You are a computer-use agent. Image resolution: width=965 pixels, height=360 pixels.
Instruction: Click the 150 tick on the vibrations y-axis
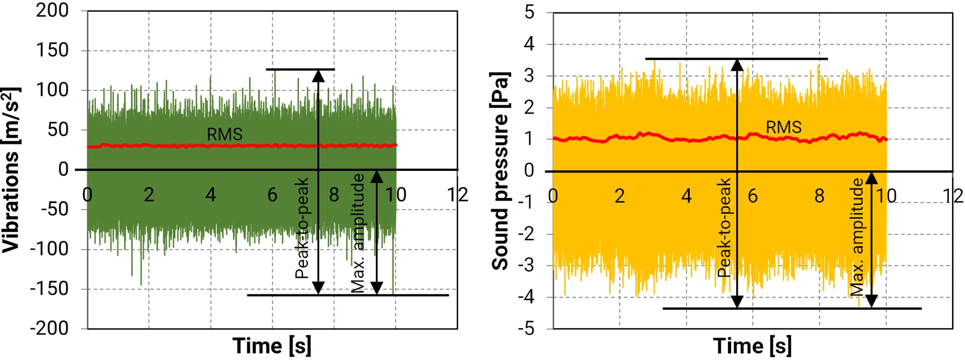pos(52,51)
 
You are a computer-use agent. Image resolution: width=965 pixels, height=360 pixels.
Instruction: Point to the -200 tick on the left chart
pos(49,328)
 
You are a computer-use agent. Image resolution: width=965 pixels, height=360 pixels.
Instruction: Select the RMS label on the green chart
pos(225,134)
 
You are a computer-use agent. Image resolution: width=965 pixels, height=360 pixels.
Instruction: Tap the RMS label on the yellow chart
pos(783,127)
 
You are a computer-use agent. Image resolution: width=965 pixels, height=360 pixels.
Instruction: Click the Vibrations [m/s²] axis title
pos(11,170)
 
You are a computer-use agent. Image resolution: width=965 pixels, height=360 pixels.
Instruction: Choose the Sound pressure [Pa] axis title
pos(500,170)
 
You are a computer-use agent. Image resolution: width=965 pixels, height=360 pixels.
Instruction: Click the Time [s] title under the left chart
pos(272,346)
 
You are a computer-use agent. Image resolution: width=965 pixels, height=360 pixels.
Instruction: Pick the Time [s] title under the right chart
pos(752,346)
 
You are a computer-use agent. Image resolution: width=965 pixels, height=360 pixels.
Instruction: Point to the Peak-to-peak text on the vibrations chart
pos(302,228)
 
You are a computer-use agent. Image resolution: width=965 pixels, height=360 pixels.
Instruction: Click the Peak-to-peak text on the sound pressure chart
pos(724,228)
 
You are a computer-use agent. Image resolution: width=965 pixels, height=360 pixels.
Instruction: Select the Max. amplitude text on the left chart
pos(358,233)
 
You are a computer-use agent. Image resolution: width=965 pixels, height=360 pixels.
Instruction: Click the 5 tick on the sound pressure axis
pos(529,12)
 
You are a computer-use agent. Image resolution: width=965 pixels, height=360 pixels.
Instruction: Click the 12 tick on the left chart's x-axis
pos(457,195)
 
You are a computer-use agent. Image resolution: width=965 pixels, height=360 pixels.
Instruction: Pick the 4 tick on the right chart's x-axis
pos(686,196)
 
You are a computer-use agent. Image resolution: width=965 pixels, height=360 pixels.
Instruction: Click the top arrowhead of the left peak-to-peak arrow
pos(319,76)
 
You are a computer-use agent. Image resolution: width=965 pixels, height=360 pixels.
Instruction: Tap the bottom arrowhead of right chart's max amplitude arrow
pos(872,301)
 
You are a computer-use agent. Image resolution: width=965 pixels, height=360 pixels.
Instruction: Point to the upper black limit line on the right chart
pos(736,59)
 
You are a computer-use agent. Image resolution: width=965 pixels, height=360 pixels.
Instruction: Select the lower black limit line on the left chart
pos(347,295)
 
